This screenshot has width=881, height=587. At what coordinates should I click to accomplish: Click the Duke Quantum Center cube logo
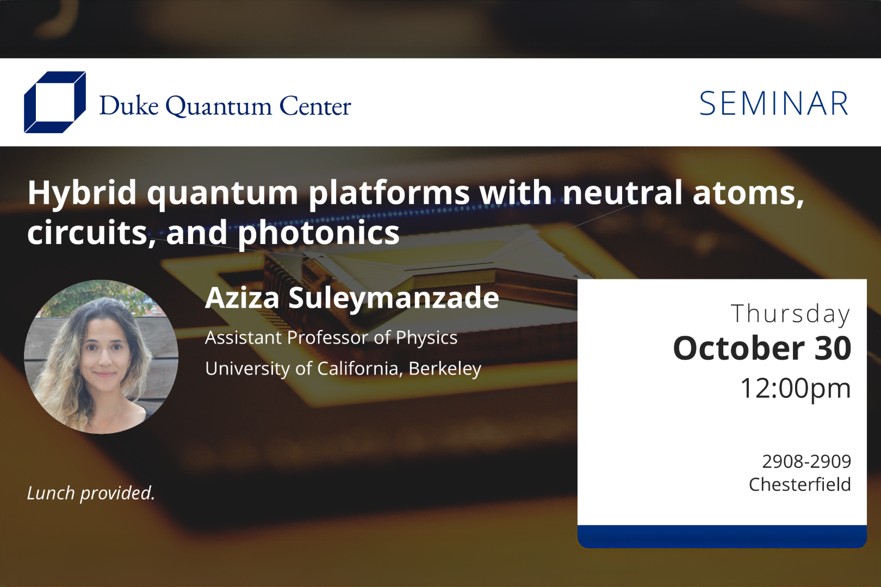click(54, 102)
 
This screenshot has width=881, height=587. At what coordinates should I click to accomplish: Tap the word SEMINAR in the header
click(773, 104)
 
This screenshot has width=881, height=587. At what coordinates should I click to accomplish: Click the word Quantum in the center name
click(218, 106)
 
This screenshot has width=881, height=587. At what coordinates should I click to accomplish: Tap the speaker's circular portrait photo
click(101, 357)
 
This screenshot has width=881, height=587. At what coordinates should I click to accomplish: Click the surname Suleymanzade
click(393, 298)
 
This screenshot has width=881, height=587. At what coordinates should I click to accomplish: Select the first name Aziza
click(242, 298)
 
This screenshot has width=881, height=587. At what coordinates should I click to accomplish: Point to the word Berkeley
click(445, 369)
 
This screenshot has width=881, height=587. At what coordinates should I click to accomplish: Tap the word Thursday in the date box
click(790, 314)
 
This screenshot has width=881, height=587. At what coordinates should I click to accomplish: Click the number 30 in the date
click(833, 348)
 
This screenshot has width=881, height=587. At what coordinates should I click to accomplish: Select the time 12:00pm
click(795, 388)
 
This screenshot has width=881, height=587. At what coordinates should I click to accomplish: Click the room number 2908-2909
click(806, 461)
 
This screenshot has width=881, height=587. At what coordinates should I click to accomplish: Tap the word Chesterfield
click(799, 484)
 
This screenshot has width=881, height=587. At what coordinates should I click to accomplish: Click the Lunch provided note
click(91, 493)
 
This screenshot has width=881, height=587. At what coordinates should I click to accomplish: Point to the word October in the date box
click(739, 348)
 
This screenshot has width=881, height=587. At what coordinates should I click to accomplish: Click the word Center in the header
click(315, 106)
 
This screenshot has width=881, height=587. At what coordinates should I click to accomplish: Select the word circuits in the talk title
click(87, 233)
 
